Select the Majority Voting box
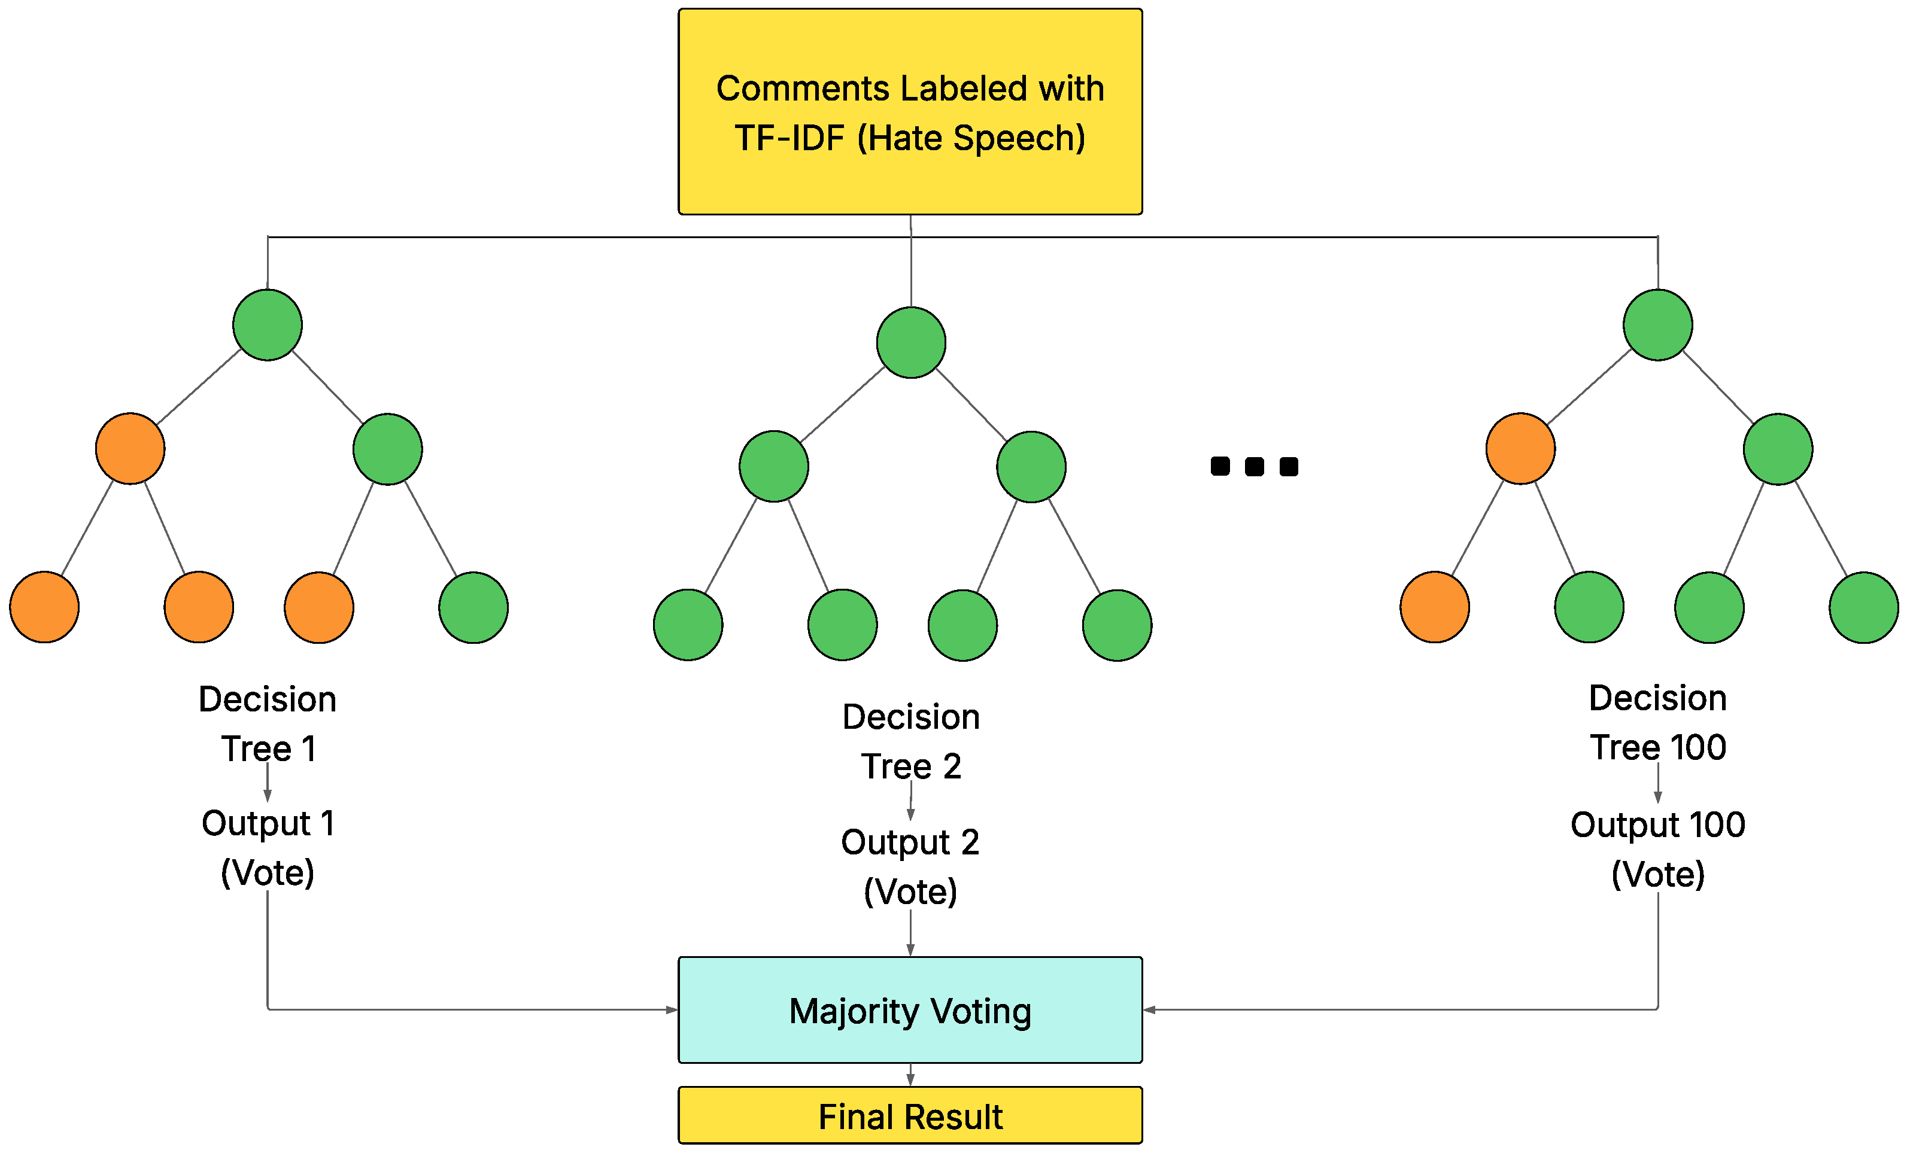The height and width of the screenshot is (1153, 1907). [910, 1011]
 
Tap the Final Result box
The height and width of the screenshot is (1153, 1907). [910, 1116]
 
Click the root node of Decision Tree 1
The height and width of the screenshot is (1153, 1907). [268, 325]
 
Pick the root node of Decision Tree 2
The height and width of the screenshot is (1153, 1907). [911, 343]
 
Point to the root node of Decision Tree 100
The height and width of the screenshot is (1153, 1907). [1658, 325]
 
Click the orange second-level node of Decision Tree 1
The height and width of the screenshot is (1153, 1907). [130, 449]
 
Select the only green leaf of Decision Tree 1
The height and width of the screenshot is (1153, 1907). [473, 607]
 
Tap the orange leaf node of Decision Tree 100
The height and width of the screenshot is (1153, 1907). [1435, 607]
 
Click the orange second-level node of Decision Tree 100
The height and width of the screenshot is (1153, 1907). [1521, 449]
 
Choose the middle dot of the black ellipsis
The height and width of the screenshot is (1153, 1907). [1255, 467]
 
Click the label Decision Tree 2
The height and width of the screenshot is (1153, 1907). [911, 741]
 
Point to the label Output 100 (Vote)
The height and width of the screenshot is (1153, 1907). [1658, 850]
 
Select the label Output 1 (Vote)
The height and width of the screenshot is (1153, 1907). [268, 848]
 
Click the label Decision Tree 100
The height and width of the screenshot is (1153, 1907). [1658, 723]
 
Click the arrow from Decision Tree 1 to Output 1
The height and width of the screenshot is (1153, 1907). [268, 783]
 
